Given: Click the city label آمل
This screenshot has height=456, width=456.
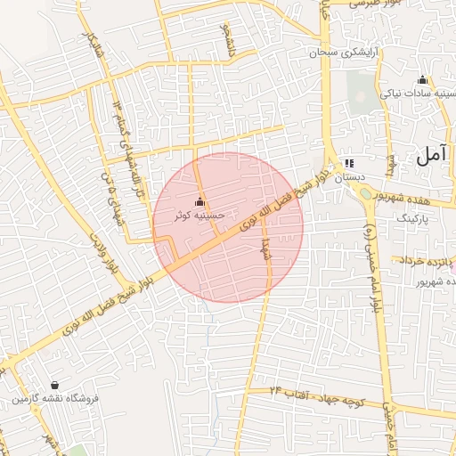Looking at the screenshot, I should (430, 156).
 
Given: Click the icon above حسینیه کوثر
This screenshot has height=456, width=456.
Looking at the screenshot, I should (199, 202).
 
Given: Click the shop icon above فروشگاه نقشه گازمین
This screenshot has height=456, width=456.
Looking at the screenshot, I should (56, 385).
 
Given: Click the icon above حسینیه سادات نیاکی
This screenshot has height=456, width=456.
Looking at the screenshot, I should (422, 78).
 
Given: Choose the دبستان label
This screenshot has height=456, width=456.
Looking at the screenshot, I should (350, 178).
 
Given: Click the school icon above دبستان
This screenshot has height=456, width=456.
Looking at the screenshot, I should (348, 164).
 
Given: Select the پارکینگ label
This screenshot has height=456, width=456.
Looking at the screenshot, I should (412, 217).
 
